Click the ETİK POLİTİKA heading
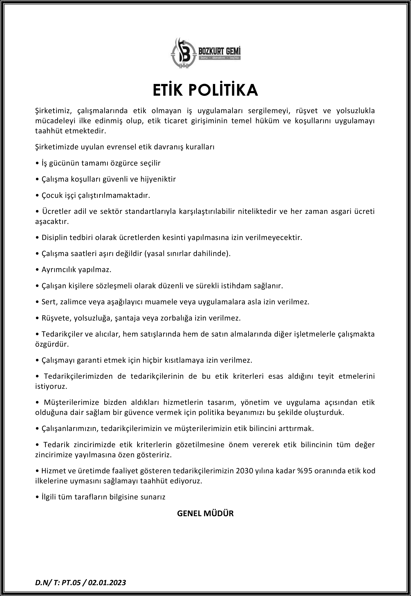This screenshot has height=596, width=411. coord(205,90)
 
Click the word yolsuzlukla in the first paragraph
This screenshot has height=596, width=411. coord(355,111)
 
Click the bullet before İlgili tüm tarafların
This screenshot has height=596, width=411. coord(37,497)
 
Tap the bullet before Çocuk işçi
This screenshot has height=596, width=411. coord(37,195)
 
